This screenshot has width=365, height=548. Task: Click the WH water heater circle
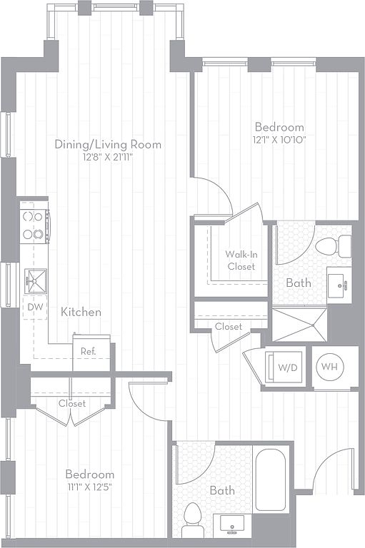tap(330, 367)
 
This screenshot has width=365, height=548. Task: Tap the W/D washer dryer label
tap(287, 367)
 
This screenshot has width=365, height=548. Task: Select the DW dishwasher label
tap(35, 307)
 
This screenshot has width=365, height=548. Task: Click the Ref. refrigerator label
tap(88, 351)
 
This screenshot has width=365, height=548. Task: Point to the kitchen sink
tap(35, 280)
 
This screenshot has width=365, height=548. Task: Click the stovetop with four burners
tap(34, 225)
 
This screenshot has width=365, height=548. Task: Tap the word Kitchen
tap(81, 312)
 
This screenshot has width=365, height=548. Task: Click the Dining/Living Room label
tap(108, 144)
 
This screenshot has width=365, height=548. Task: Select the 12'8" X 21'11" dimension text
tap(108, 157)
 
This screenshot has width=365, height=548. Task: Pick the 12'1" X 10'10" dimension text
tap(279, 140)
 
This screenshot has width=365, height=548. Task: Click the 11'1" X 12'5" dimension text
tap(90, 487)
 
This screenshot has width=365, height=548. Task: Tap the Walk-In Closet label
tap(241, 260)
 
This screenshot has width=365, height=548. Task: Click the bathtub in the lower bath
tap(270, 479)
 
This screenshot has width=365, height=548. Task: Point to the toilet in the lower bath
tap(192, 519)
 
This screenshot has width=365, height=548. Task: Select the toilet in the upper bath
tap(334, 246)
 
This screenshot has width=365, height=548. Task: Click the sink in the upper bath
tap(339, 285)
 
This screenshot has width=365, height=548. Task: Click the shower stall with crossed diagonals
tap(299, 325)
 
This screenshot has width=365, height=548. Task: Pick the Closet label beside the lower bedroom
tap(72, 403)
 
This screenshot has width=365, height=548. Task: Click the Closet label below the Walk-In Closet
tap(229, 326)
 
